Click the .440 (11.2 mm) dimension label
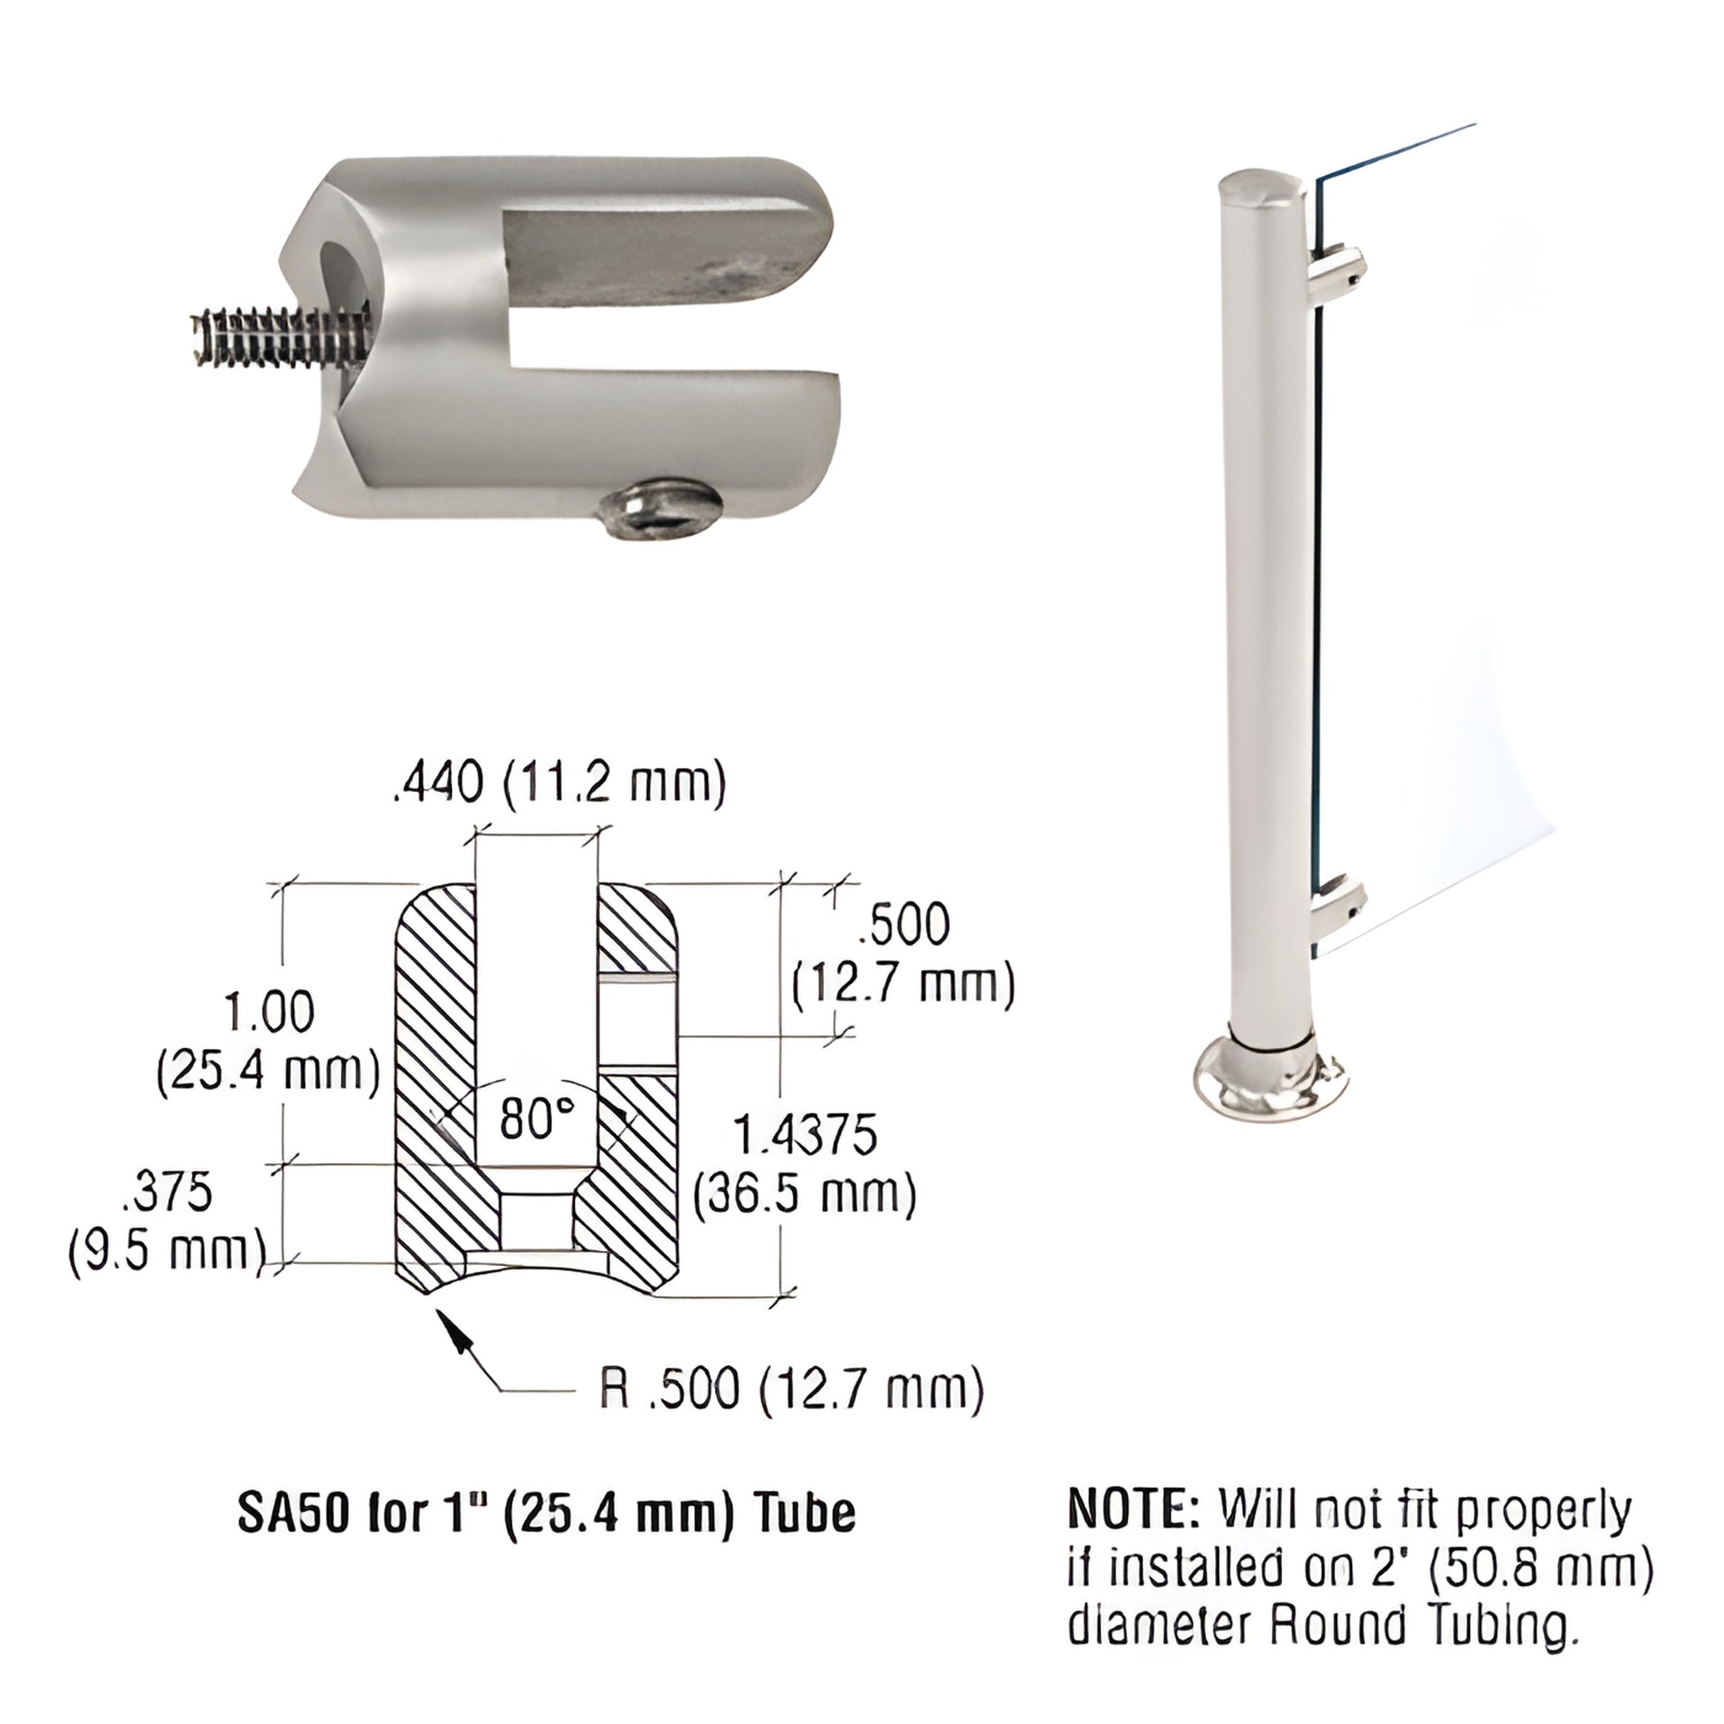click(559, 782)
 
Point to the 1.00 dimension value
click(268, 1012)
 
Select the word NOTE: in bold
click(1135, 1508)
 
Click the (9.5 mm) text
click(167, 1249)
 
